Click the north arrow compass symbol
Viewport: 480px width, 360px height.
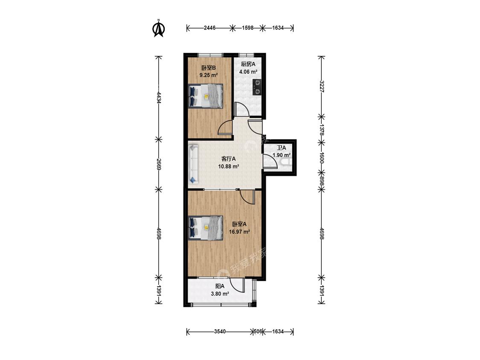pos(159,29)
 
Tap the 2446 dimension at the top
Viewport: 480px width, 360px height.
pos(209,28)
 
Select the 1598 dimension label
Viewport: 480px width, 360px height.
pos(247,28)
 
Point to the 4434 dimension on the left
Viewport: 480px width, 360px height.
pos(159,98)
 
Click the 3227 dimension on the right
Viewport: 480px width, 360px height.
pos(321,87)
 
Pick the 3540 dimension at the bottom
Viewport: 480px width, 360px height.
pos(220,331)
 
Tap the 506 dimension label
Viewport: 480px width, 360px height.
pos(258,331)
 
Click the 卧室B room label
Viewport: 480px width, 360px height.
pos(209,68)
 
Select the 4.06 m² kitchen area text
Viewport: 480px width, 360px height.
pos(248,72)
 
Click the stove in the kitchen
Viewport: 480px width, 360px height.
pos(257,87)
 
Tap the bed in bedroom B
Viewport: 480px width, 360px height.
pos(205,96)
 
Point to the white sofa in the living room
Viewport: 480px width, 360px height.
pos(193,164)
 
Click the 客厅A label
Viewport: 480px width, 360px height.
pos(229,159)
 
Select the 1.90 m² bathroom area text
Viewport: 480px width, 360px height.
pos(282,155)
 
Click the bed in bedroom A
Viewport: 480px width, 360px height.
pos(205,228)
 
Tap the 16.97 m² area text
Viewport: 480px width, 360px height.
pos(239,232)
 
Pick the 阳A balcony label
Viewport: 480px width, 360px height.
pos(220,286)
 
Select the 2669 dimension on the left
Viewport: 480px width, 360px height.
pos(159,164)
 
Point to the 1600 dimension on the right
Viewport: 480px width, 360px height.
pos(321,157)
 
